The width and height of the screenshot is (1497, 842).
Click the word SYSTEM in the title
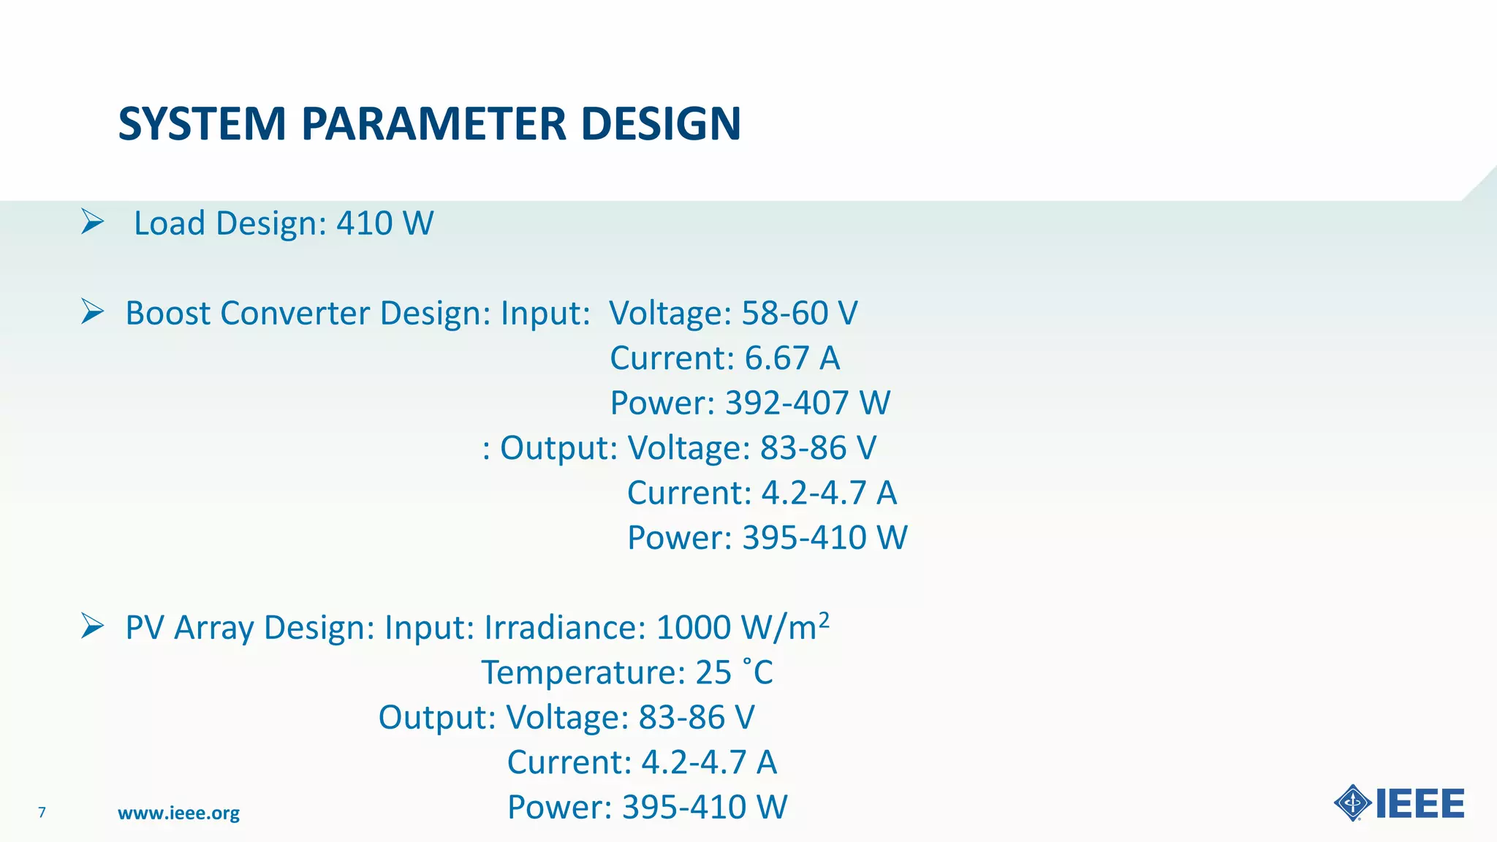[x=202, y=124]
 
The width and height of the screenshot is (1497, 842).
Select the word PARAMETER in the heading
[x=433, y=124]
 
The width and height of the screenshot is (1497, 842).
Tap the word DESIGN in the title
[x=661, y=124]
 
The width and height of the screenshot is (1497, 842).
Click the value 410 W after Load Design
[x=385, y=223]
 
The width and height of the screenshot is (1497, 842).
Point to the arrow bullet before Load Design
[x=93, y=221]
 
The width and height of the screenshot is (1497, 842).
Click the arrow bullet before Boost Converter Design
[x=93, y=312]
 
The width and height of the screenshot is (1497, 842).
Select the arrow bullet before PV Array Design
[x=93, y=626]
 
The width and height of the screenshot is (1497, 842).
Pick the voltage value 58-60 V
[x=800, y=313]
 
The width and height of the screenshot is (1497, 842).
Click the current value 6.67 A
[x=792, y=358]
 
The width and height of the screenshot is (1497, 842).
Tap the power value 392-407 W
[x=808, y=403]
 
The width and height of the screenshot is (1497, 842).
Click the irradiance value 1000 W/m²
[x=743, y=627]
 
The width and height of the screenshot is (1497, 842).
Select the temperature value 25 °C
[x=734, y=672]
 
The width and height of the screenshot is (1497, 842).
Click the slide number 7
[x=42, y=812]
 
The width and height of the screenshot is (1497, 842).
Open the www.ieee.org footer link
[x=178, y=813]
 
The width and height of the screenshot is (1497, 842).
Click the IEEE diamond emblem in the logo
[x=1352, y=803]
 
